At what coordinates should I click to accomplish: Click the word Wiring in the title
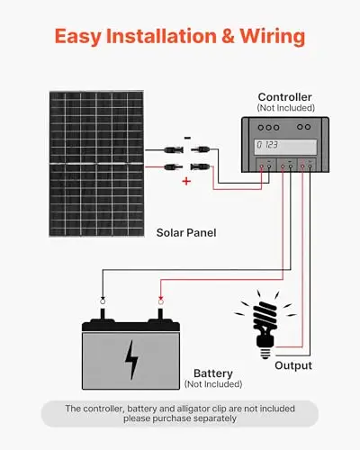[273, 37]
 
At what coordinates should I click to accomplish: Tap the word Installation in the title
[161, 36]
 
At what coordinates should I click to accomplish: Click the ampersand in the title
[229, 36]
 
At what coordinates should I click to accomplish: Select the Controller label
[285, 97]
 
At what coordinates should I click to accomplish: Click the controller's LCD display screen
[285, 147]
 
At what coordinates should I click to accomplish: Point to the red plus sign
[186, 181]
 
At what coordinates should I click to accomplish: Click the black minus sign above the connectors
[187, 138]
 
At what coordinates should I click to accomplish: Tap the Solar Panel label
[186, 233]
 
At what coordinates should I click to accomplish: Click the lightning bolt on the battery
[131, 360]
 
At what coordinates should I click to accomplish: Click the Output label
[293, 365]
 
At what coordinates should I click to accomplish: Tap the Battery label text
[213, 373]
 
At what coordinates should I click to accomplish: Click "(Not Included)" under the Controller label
[286, 108]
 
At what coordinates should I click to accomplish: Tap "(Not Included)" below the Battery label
[213, 384]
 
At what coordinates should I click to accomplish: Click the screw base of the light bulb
[265, 353]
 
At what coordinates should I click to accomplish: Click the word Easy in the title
[78, 37]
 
